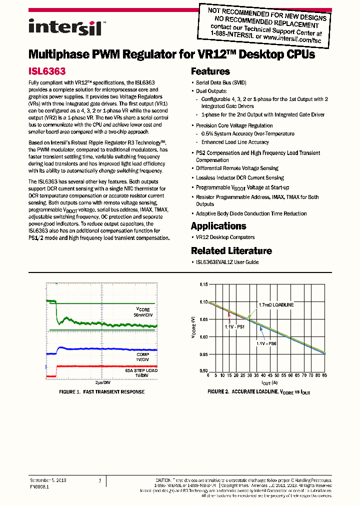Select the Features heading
210,71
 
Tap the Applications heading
218,226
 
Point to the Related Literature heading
231,251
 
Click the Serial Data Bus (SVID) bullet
220,82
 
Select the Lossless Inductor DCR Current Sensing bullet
239,177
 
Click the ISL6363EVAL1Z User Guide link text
227,262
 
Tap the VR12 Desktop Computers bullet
225,237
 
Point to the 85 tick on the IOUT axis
325,375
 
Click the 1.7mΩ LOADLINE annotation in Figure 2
276,304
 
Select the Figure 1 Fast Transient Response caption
101,391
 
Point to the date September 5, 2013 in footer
48,480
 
